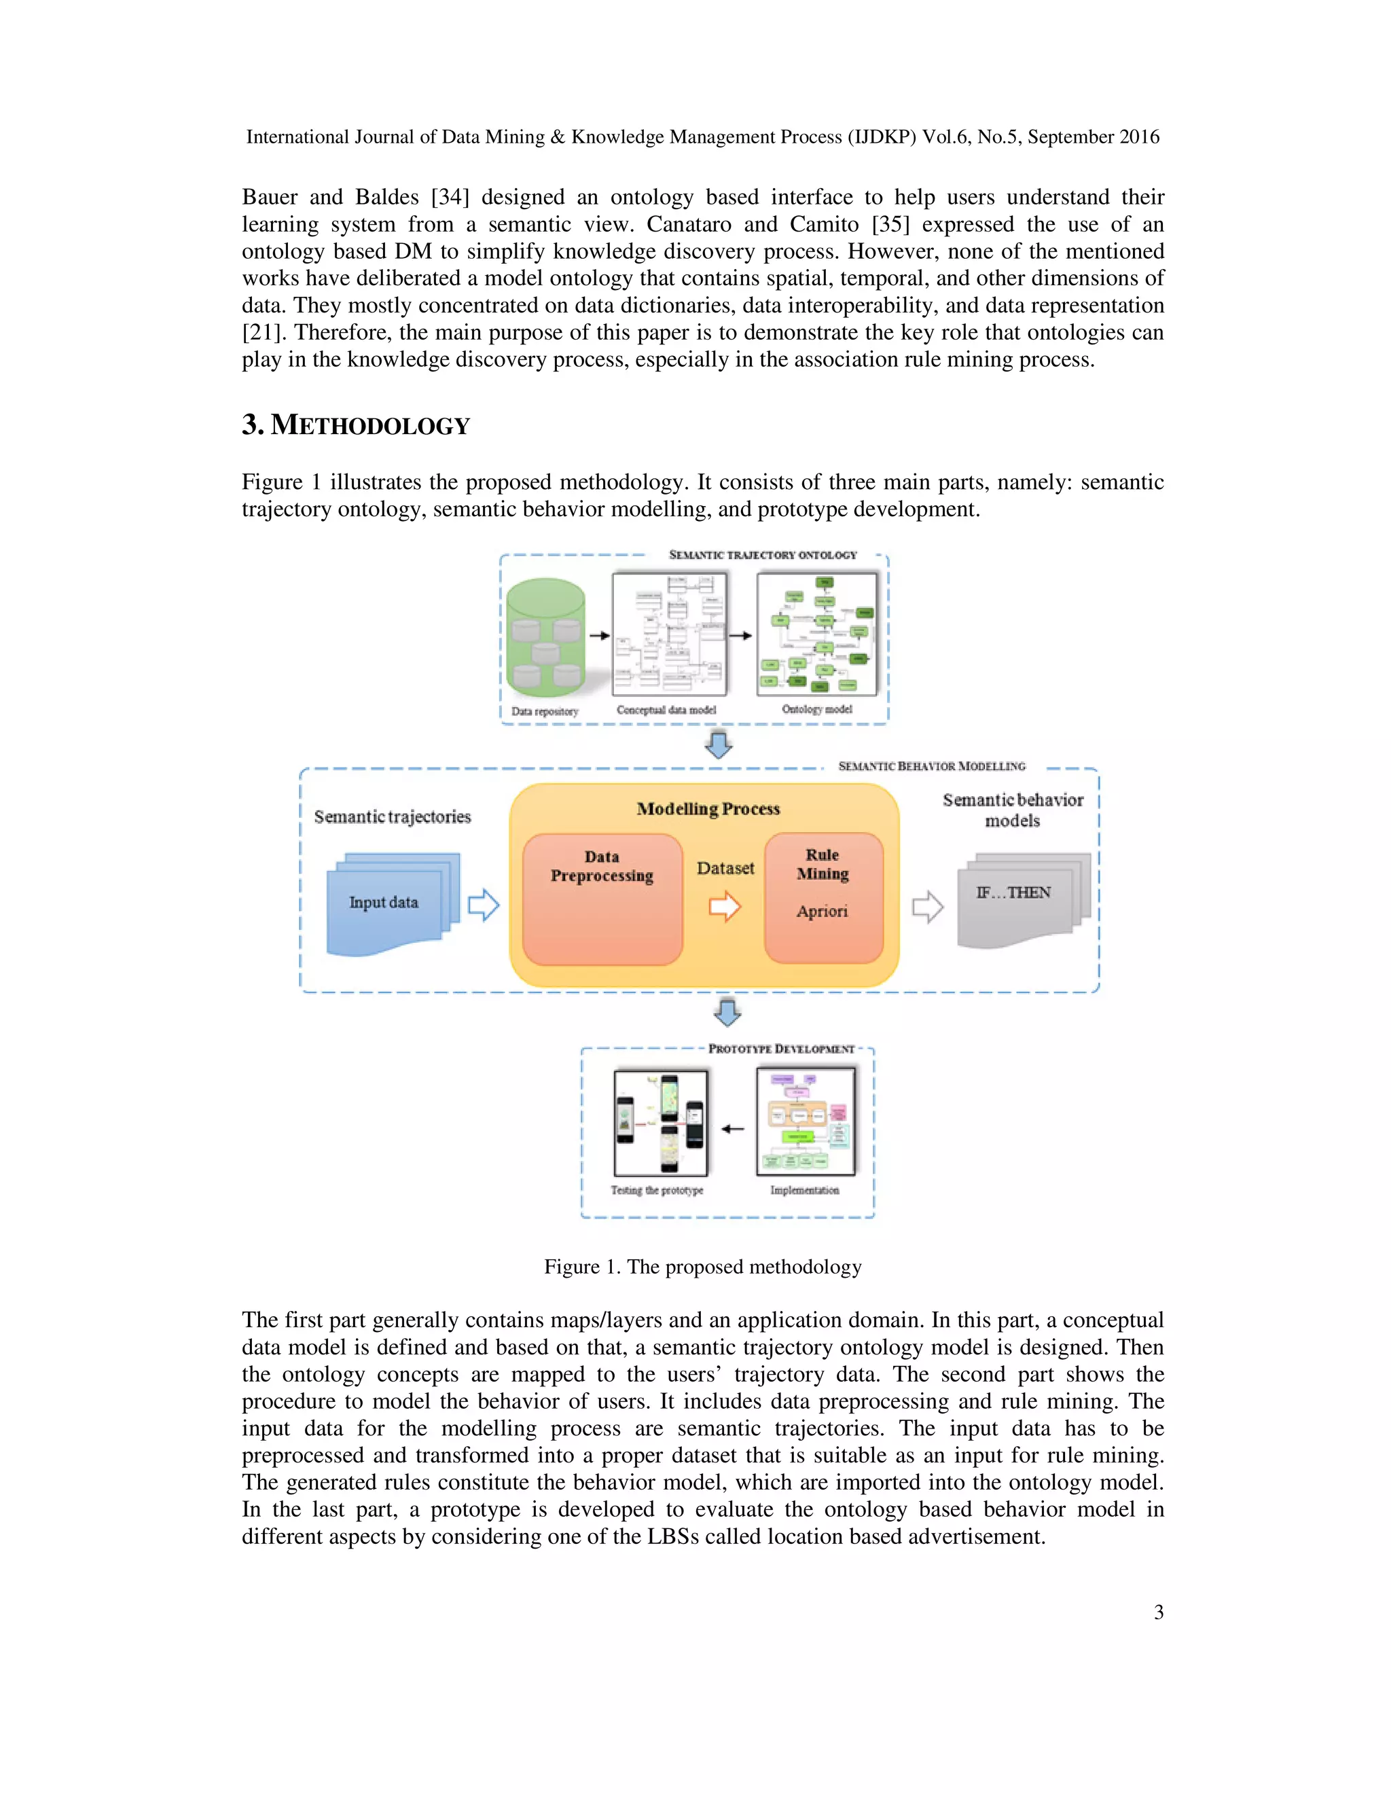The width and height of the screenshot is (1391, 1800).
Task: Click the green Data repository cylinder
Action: pos(545,638)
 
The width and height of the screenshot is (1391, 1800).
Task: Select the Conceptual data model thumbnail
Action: pos(669,634)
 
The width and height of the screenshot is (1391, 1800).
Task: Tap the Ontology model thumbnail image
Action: pos(816,634)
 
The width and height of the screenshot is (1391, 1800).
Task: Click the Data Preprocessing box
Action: pos(602,899)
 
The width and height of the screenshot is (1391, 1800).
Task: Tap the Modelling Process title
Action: pos(708,808)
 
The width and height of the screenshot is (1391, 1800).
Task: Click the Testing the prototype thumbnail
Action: pos(661,1123)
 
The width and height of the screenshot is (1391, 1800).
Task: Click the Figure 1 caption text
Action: pos(702,1267)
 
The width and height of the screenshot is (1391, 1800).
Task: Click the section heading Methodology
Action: pos(356,425)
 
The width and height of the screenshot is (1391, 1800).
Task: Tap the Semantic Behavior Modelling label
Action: pos(931,766)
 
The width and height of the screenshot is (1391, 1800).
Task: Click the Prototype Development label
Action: pos(781,1049)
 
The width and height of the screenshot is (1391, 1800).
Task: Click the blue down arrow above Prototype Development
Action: pos(727,1012)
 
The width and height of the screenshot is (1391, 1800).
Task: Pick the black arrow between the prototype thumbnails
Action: pos(733,1129)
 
